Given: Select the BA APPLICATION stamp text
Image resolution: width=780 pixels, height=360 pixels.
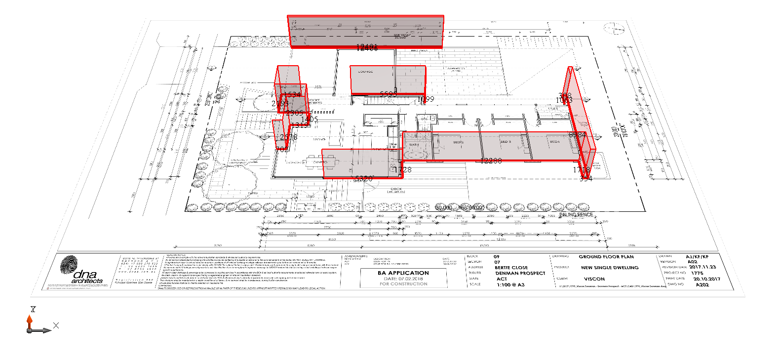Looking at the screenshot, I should tap(403, 273).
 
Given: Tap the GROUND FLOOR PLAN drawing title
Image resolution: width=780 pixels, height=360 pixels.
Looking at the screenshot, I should tap(606, 257).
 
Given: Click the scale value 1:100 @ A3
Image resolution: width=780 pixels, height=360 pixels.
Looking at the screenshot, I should tap(510, 284).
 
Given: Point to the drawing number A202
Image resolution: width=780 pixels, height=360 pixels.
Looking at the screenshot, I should tap(702, 284).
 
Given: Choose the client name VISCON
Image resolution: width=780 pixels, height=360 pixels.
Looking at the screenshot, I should tap(594, 279).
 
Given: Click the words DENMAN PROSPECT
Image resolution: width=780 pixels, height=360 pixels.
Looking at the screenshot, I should tap(520, 273).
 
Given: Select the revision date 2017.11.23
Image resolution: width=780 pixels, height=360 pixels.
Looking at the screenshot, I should tap(702, 267).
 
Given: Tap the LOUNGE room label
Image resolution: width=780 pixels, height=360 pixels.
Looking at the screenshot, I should tap(365, 72).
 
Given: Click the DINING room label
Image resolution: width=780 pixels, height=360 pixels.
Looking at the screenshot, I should tap(320, 162).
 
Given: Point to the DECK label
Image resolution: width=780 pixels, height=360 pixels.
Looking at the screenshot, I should tap(396, 189).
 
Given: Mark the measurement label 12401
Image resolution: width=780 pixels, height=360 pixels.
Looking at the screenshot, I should tap(367, 47).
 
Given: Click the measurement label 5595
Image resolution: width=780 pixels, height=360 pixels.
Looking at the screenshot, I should tap(389, 94).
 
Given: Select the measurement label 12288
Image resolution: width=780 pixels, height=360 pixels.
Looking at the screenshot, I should tap(491, 161).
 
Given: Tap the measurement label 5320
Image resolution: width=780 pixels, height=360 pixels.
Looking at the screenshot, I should tap(364, 179).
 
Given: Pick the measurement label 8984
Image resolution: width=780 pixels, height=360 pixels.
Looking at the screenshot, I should tap(578, 134).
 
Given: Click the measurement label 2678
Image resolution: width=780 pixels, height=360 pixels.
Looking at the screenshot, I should tap(288, 137).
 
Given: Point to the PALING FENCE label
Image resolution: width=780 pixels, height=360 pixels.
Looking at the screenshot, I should tap(576, 215).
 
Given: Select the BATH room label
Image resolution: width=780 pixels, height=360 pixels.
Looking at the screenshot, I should tap(414, 145).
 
